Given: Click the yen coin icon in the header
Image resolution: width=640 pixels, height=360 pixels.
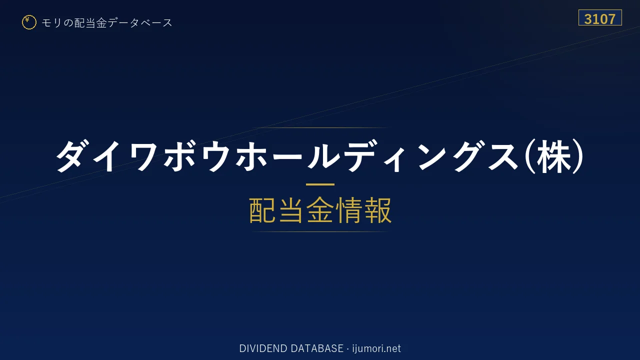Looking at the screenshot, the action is tap(29, 22).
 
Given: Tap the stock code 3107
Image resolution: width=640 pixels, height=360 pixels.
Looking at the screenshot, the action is tap(599, 19).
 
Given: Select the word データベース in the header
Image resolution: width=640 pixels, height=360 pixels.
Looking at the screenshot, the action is tap(140, 23).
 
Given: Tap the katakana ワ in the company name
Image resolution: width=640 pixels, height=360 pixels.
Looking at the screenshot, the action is tap(143, 157).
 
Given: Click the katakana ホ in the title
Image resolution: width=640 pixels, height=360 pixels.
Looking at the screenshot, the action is tap(250, 156).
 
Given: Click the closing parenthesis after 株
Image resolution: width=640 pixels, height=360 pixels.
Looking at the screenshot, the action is tap(577, 156).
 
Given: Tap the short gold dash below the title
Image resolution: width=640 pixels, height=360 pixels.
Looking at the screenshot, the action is tap(320, 184).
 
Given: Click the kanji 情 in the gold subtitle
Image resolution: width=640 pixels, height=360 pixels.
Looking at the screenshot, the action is tap(348, 210).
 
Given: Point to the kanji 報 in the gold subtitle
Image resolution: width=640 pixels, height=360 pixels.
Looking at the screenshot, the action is tap(377, 210).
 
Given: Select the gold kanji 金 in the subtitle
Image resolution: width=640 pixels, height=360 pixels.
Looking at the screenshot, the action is tap(319, 210).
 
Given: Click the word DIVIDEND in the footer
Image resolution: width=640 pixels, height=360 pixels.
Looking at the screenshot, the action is tap(263, 348).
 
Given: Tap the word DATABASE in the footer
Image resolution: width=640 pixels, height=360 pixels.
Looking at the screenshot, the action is tap(317, 348).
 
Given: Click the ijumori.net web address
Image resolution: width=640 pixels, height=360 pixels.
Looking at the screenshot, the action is tap(376, 348).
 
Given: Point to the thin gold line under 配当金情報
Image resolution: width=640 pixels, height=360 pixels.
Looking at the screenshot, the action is tap(320, 231).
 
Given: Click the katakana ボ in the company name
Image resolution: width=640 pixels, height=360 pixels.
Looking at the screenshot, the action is tap(179, 156).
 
